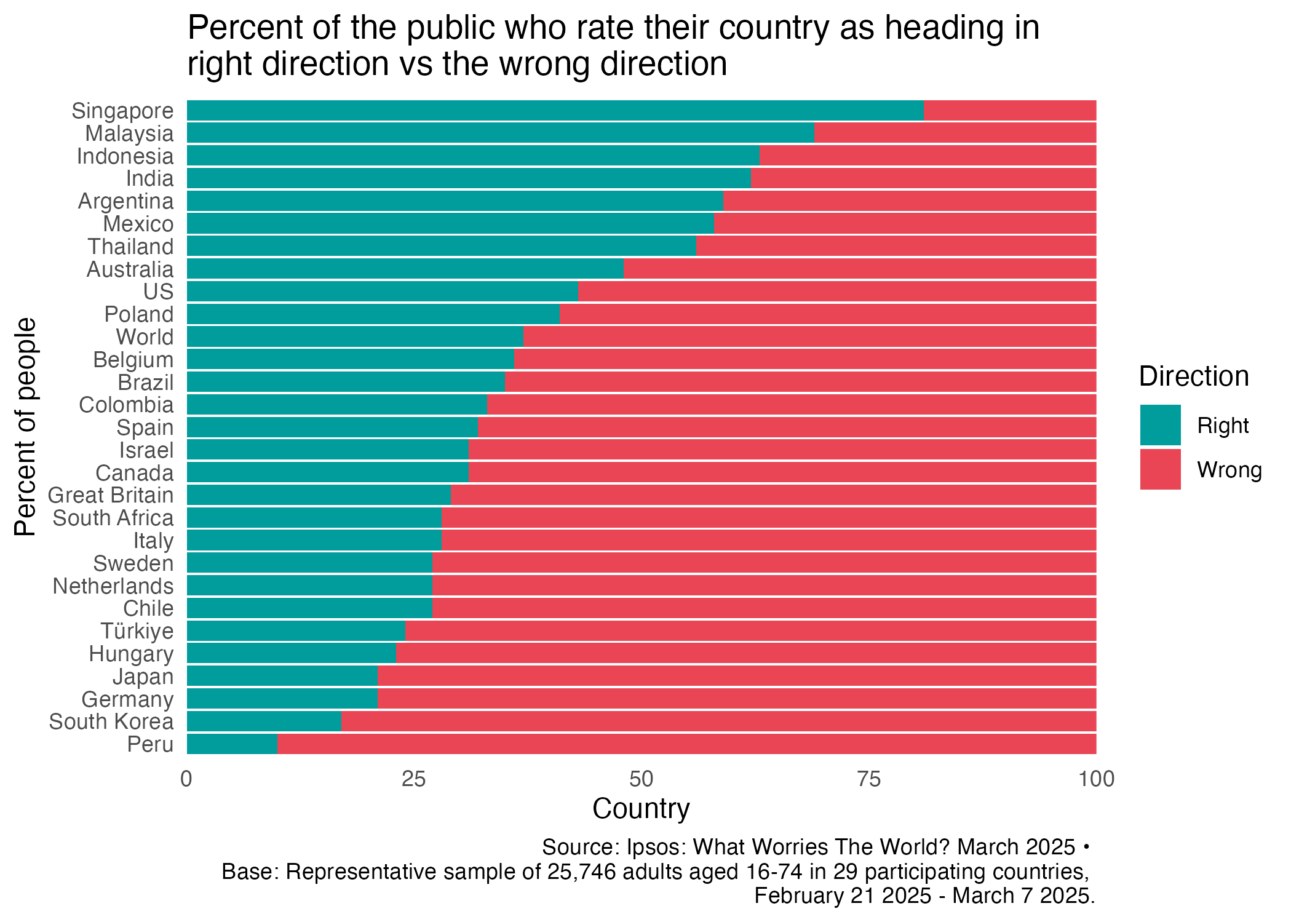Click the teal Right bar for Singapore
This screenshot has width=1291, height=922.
(555, 111)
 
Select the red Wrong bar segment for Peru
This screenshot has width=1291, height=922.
(686, 744)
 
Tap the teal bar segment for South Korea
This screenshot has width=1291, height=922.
(264, 721)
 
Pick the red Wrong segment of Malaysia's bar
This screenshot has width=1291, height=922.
(955, 133)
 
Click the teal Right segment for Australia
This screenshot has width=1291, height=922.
(405, 269)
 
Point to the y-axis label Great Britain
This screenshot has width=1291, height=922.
(111, 495)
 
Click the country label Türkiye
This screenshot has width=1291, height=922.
(137, 631)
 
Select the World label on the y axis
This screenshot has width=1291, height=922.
(145, 337)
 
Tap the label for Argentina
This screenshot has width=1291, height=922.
(125, 201)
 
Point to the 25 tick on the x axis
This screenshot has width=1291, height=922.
(414, 779)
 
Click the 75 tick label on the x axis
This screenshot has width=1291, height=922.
(868, 779)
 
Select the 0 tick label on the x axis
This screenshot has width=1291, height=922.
(186, 779)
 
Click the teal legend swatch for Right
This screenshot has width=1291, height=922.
(1160, 425)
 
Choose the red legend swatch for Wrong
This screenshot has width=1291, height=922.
(1160, 469)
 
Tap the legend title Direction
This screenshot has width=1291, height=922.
(1193, 376)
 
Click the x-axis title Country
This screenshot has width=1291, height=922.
(641, 808)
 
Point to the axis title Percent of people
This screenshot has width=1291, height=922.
(26, 427)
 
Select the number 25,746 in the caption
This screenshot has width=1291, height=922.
(581, 872)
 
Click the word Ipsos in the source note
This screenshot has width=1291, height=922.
(654, 848)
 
